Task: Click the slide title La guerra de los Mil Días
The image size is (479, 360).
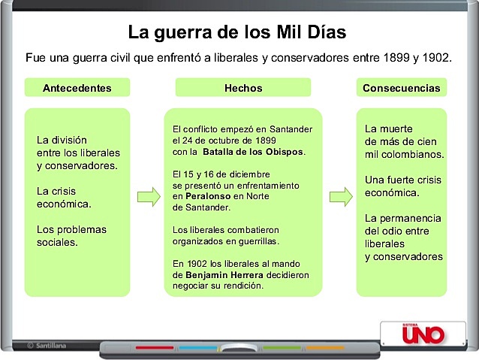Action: click(236, 32)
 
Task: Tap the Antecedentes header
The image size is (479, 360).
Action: click(77, 88)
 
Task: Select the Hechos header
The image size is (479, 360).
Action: click(243, 88)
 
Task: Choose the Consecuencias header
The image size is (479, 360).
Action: click(401, 88)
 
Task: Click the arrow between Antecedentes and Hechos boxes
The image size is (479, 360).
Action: click(149, 197)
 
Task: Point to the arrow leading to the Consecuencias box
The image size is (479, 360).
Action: click(341, 197)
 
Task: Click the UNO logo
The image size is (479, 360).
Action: click(423, 334)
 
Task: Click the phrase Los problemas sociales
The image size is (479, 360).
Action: click(72, 236)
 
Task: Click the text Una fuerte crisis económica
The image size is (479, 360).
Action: click(403, 186)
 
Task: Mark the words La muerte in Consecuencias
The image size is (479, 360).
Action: click(389, 129)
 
